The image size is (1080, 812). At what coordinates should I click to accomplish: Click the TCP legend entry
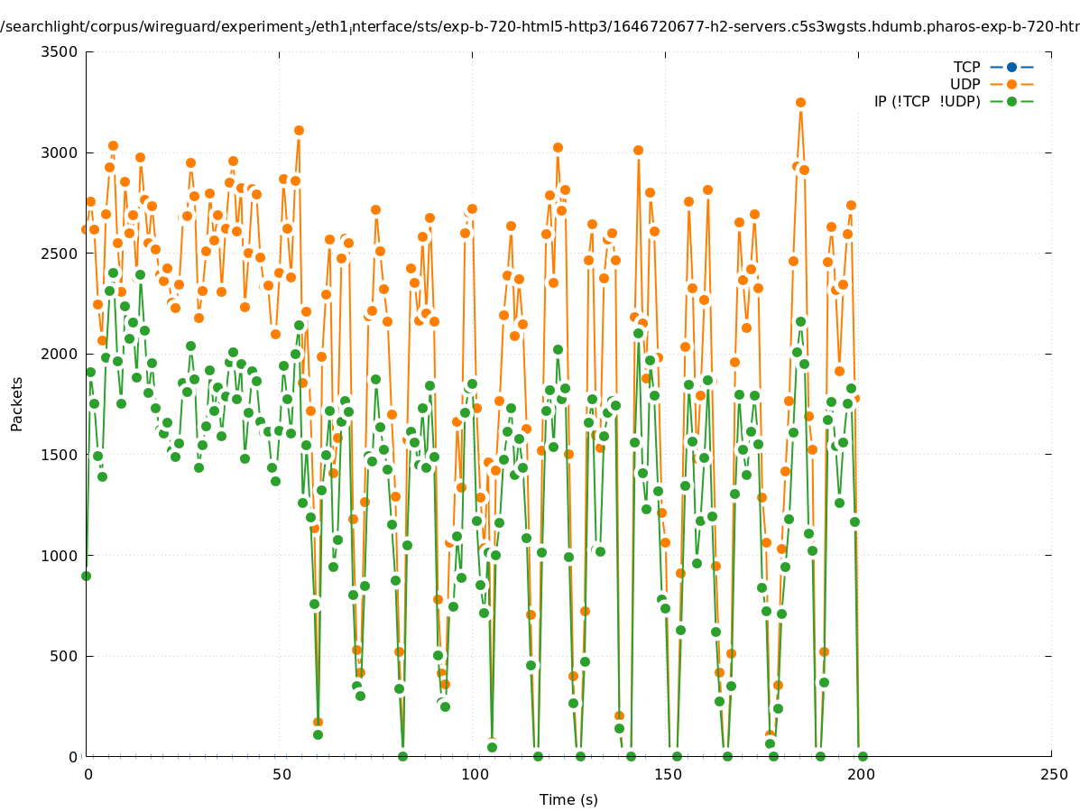click(x=966, y=68)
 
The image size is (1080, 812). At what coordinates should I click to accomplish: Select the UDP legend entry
click(x=965, y=85)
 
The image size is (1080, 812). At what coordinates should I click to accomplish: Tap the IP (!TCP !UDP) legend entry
click(x=927, y=102)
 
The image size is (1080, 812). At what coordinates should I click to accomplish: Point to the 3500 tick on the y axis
click(x=61, y=51)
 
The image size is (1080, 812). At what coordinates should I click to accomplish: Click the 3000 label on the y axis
click(x=61, y=152)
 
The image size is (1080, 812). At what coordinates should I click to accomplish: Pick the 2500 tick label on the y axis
click(x=61, y=254)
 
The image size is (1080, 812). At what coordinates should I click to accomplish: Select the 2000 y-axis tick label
click(x=61, y=354)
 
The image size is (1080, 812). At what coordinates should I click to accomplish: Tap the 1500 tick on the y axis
click(x=61, y=455)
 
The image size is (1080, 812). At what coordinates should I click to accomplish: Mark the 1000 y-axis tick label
click(x=61, y=556)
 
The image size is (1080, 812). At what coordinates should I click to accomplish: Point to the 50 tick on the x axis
click(x=281, y=774)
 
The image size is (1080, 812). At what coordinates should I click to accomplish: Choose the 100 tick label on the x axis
click(x=474, y=774)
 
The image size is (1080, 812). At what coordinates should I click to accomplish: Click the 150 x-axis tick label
click(x=667, y=774)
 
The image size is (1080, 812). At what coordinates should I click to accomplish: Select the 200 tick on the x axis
click(x=860, y=774)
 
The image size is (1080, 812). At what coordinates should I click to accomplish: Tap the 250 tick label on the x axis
click(x=1053, y=774)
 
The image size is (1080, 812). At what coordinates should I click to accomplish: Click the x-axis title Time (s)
click(x=568, y=800)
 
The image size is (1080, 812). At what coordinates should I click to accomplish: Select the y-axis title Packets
click(x=17, y=403)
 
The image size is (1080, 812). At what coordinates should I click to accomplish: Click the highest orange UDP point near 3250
click(x=800, y=103)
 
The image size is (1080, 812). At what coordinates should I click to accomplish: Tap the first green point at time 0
click(x=86, y=576)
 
